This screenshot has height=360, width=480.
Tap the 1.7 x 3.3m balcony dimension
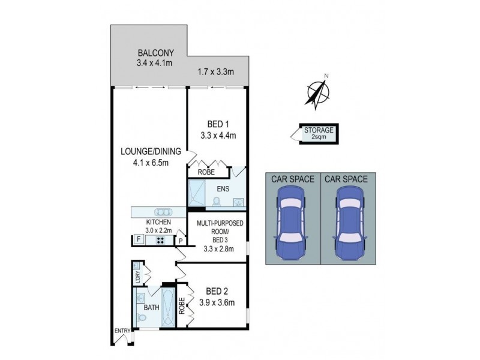[x=215, y=72]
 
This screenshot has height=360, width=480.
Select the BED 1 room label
[x=218, y=125]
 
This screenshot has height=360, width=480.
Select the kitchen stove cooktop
[x=161, y=240]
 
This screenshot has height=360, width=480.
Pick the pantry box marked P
[x=180, y=241]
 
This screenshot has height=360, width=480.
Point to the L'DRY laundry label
[x=138, y=277]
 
